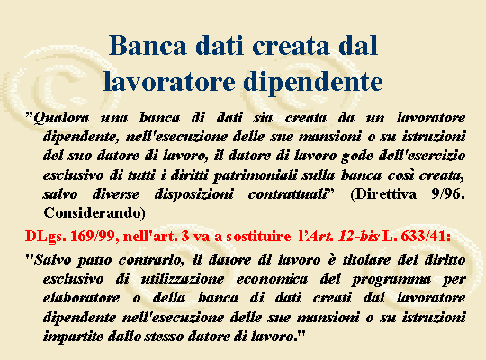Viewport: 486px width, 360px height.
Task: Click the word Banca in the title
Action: click(x=148, y=45)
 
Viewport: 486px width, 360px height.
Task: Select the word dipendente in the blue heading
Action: click(x=312, y=81)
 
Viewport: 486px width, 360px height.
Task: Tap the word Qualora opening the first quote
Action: click(x=61, y=118)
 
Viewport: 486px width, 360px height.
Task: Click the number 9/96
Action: click(x=448, y=194)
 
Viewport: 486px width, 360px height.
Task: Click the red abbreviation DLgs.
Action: click(x=46, y=237)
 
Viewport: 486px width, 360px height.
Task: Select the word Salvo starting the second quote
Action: click(x=52, y=260)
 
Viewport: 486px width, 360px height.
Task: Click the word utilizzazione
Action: click(x=183, y=279)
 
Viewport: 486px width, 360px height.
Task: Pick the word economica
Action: click(x=272, y=279)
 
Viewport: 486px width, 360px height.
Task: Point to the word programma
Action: click(x=391, y=280)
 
